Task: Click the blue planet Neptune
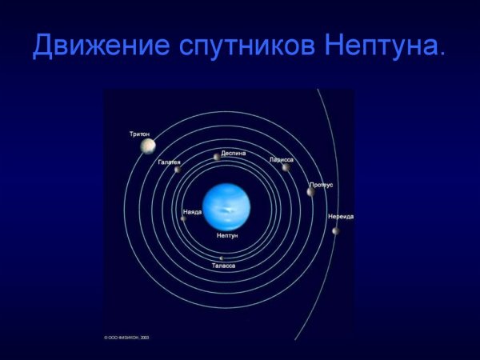(x=227, y=206)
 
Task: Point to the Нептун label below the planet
(x=227, y=236)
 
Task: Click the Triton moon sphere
(x=148, y=146)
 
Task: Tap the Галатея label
(x=169, y=162)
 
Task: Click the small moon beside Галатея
(x=178, y=170)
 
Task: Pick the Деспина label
(x=234, y=152)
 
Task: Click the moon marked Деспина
(x=217, y=157)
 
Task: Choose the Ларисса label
(x=282, y=159)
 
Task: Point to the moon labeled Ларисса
(x=285, y=167)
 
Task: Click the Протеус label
(x=321, y=185)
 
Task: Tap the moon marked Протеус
(x=310, y=192)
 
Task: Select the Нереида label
(x=340, y=217)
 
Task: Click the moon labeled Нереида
(x=336, y=231)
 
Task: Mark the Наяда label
(x=192, y=212)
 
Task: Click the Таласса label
(x=223, y=265)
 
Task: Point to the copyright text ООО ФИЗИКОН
(x=128, y=338)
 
